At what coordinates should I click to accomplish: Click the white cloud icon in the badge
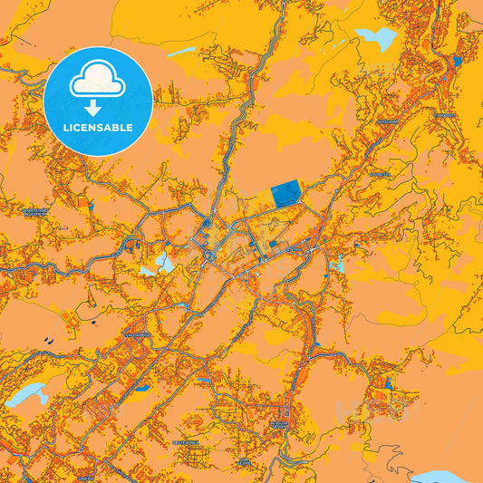pos(98,82)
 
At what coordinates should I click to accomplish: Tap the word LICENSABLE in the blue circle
pos(98,127)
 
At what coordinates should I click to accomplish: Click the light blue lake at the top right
pos(377,38)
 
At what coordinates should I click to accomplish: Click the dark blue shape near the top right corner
pos(457,61)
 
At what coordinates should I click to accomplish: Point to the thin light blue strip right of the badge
pos(180,52)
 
